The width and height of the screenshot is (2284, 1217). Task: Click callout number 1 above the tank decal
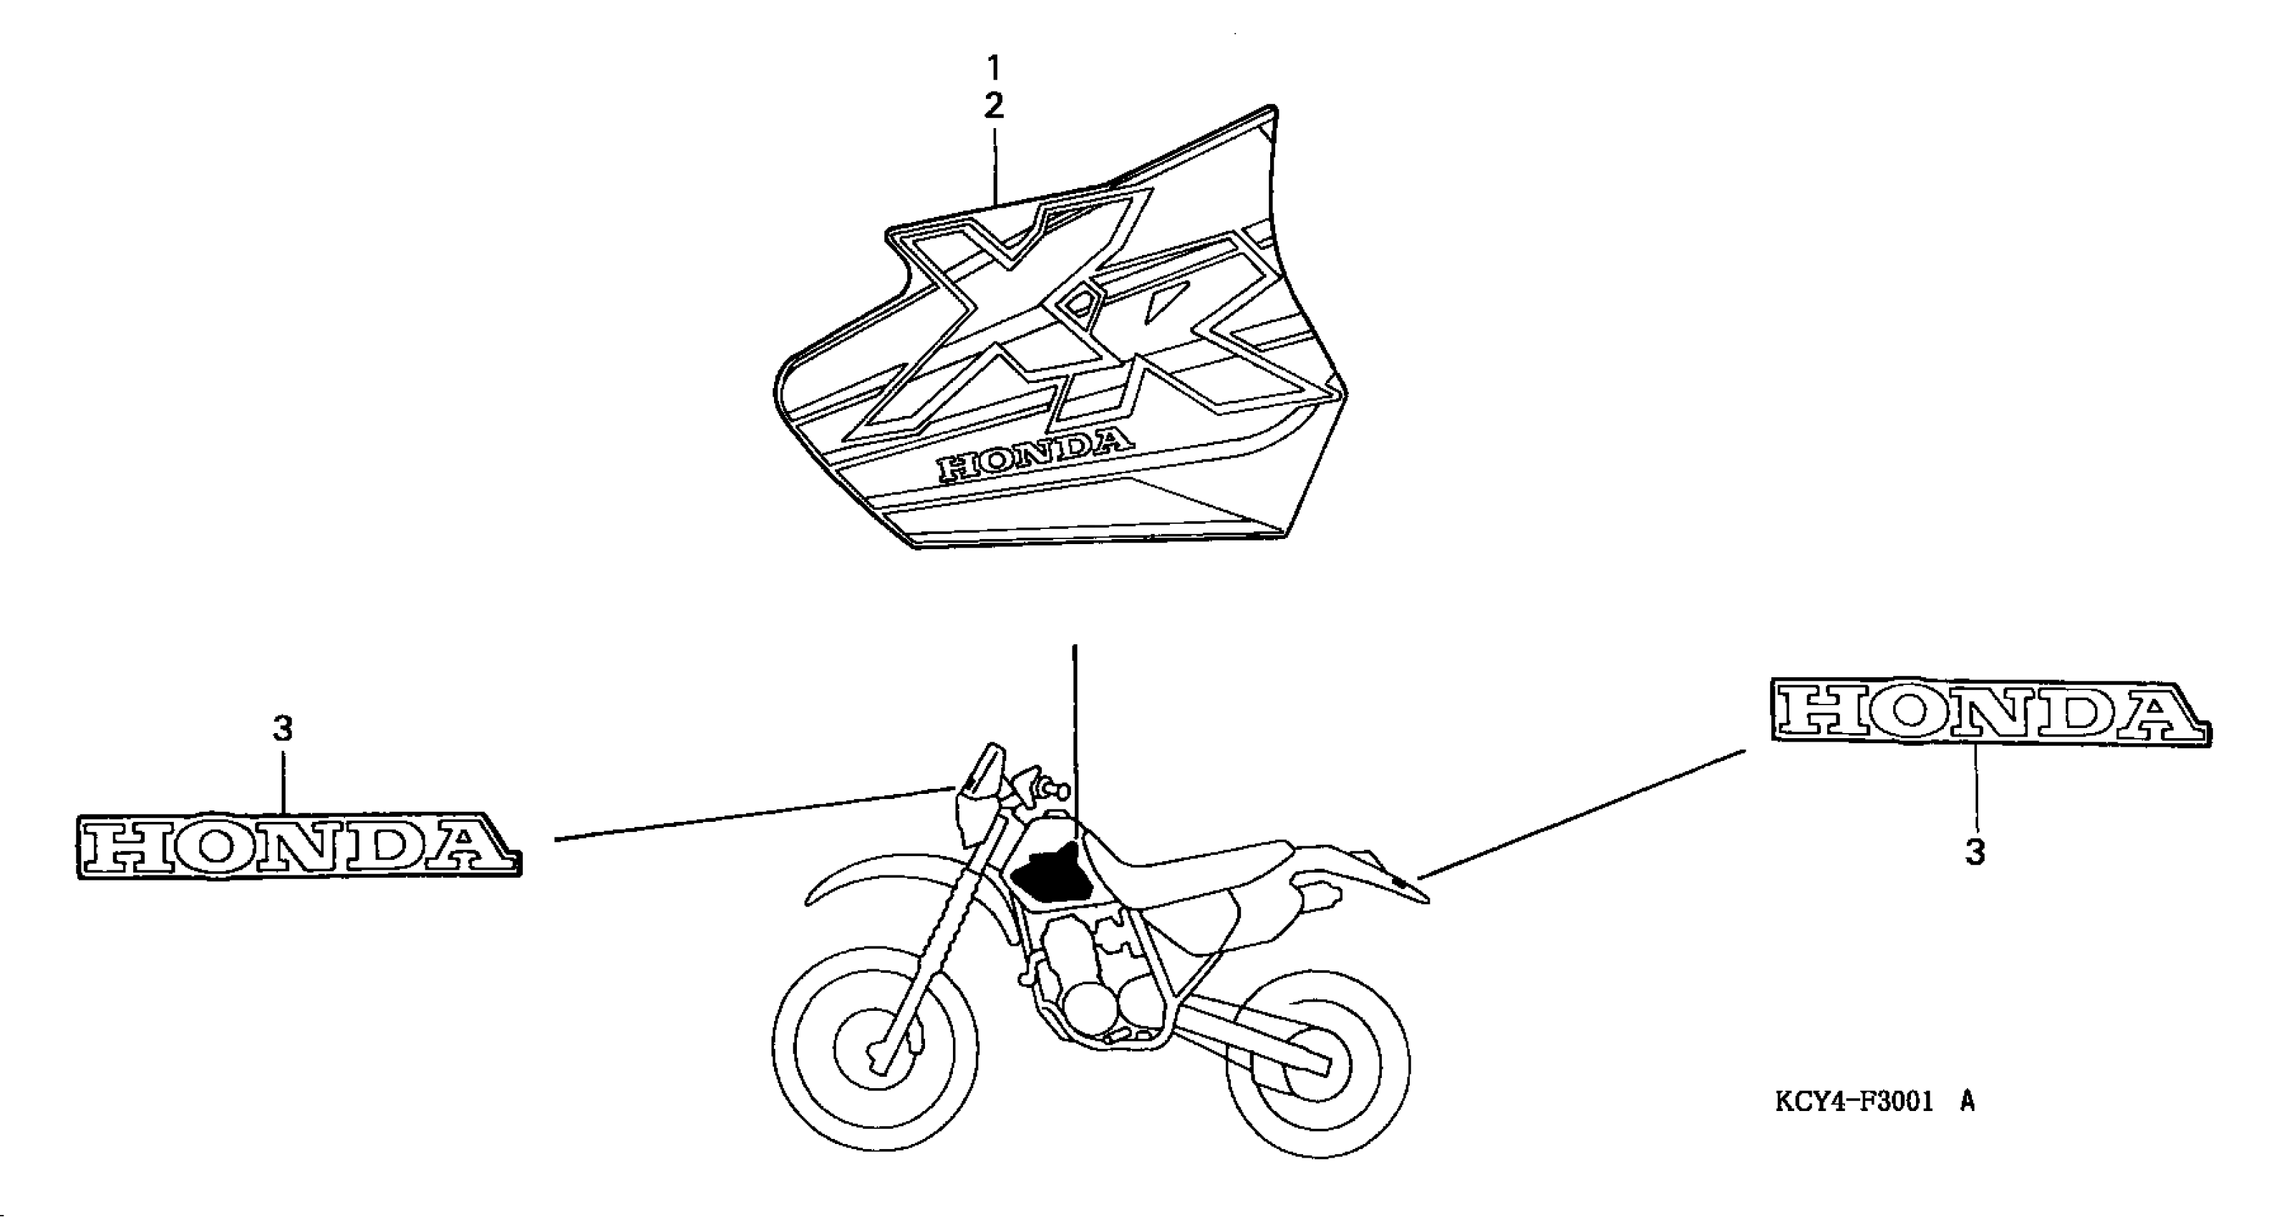pyautogui.click(x=994, y=67)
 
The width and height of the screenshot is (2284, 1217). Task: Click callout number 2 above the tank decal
pyautogui.click(x=994, y=107)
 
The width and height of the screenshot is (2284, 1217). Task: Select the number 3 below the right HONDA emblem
pyautogui.click(x=1975, y=853)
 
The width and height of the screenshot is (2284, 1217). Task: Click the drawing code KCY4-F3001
pyautogui.click(x=1855, y=1102)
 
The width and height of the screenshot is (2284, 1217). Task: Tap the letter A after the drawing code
pyautogui.click(x=1968, y=1102)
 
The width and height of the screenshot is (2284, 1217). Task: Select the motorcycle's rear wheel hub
pyautogui.click(x=1312, y=1065)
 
